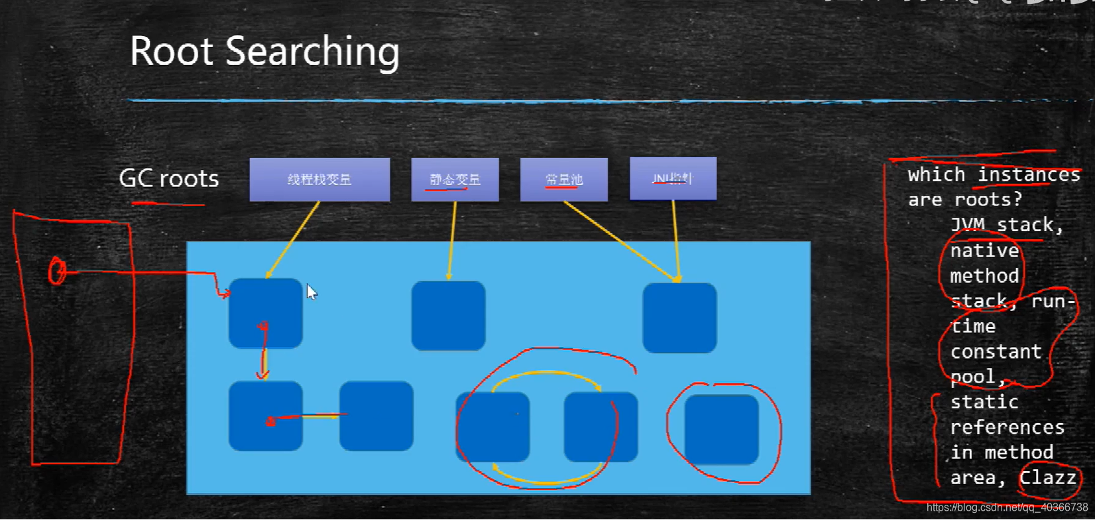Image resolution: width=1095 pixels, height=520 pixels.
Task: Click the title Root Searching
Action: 264,52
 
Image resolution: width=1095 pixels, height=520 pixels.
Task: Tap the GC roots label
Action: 168,178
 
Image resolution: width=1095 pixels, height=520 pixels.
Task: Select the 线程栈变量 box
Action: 319,179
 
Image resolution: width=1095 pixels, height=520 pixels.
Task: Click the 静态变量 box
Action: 455,179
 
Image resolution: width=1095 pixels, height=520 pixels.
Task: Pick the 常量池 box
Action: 563,179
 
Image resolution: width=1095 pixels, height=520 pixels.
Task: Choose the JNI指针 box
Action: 673,178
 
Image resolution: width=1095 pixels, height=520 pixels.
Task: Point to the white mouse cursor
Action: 312,292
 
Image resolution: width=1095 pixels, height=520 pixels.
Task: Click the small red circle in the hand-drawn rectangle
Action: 58,271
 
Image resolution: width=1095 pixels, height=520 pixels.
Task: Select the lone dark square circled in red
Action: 721,430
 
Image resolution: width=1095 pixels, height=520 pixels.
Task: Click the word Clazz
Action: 1047,478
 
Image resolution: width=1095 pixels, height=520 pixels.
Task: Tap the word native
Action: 984,251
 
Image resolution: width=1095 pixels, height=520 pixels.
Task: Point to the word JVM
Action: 967,225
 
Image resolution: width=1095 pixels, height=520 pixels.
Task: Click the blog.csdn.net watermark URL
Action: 1007,507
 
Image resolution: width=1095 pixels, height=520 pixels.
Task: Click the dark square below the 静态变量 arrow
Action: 448,316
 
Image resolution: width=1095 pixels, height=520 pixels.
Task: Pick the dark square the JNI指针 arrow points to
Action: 679,318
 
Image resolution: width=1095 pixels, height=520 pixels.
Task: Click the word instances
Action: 1029,174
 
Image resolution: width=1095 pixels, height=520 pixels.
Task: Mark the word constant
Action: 996,352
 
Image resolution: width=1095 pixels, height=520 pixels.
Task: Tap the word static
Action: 984,402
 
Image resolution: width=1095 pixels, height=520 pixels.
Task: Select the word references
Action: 1007,427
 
